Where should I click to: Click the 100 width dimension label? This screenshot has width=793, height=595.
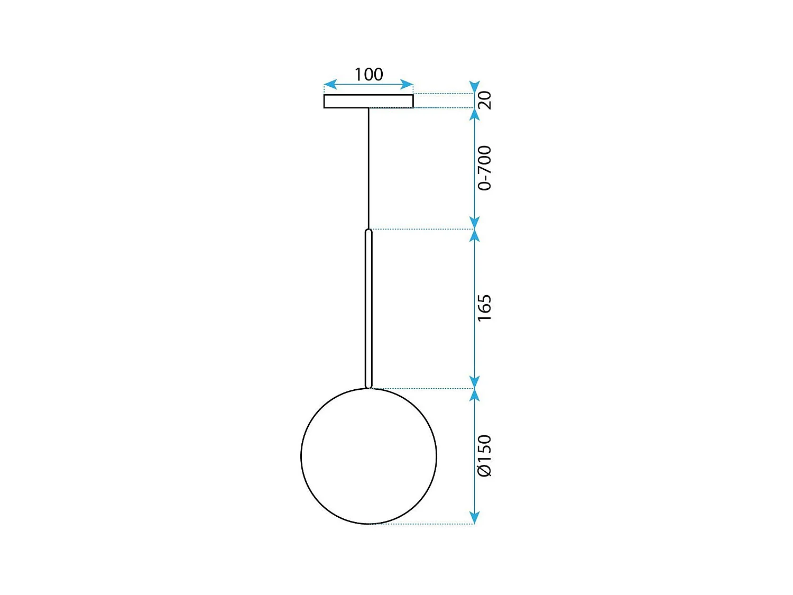click(368, 75)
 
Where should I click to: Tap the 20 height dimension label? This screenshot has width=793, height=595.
click(484, 100)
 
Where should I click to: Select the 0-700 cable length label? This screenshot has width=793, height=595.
click(484, 168)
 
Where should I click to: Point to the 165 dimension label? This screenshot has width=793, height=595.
click(484, 308)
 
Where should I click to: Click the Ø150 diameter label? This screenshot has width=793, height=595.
click(484, 456)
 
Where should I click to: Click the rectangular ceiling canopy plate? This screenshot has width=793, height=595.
click(368, 101)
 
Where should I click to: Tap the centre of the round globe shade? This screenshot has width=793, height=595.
click(368, 456)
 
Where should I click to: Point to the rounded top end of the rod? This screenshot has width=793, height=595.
click(368, 231)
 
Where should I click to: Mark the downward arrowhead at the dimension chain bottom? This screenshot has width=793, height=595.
click(475, 518)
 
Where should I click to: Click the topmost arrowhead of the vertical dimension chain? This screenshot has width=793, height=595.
click(475, 87)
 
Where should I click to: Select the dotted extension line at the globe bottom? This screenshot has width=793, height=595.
click(423, 524)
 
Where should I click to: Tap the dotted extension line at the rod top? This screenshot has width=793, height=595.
click(423, 229)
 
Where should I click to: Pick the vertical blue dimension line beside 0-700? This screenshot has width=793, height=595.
click(475, 168)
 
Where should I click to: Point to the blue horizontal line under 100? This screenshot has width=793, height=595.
click(368, 84)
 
